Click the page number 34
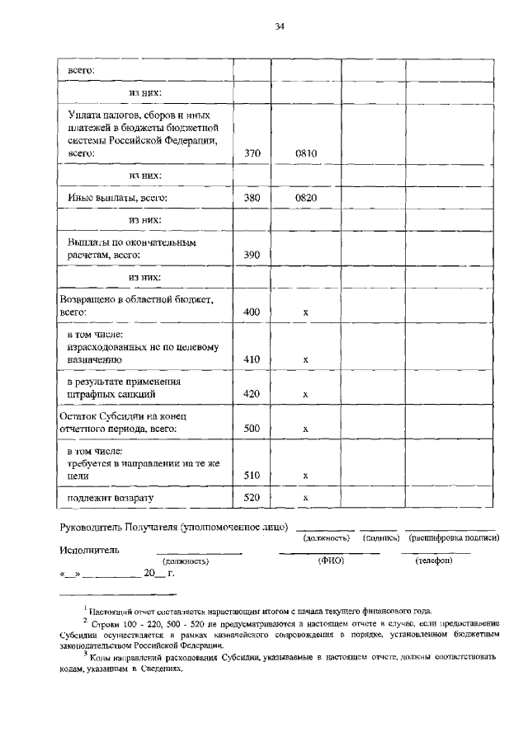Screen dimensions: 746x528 click(x=280, y=27)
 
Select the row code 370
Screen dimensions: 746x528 click(x=252, y=152)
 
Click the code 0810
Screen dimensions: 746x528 click(x=306, y=152)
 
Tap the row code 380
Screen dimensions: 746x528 click(x=252, y=198)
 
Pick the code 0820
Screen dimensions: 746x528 click(x=306, y=198)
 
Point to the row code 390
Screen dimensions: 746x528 click(x=252, y=256)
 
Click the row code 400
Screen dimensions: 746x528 click(x=252, y=312)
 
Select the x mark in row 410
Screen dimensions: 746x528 click(x=306, y=359)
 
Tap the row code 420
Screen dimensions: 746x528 click(x=252, y=394)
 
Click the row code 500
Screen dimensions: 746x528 click(x=252, y=429)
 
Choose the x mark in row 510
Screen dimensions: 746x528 click(x=306, y=475)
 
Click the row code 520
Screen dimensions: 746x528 click(x=252, y=497)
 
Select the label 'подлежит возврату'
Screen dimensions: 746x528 click(x=111, y=497)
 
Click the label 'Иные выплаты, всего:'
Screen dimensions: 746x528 click(x=118, y=198)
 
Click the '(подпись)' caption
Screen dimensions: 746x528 click(x=380, y=537)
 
